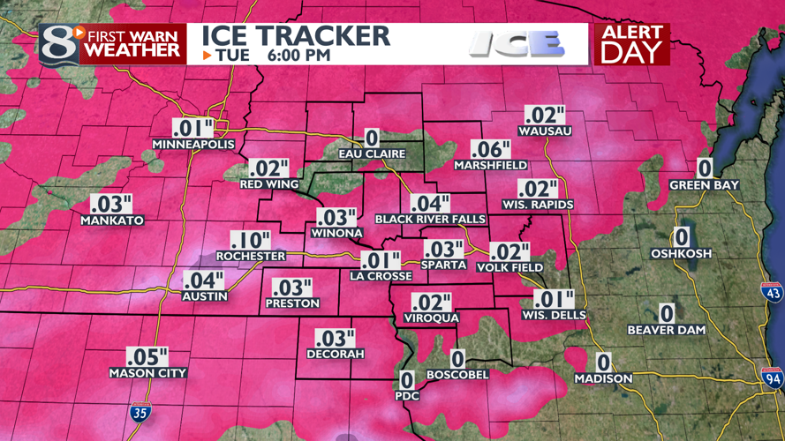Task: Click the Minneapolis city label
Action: click(x=193, y=144)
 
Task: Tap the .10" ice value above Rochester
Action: click(x=251, y=240)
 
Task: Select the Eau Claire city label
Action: click(x=372, y=153)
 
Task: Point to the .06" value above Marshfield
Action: click(x=491, y=149)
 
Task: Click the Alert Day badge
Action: click(x=631, y=44)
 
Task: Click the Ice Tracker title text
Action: click(x=296, y=35)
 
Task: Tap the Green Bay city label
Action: click(x=705, y=185)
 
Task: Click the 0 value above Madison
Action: click(x=603, y=362)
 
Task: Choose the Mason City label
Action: click(x=147, y=373)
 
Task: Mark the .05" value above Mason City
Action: click(x=147, y=356)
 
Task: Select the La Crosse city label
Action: click(x=381, y=275)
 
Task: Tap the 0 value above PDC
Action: click(x=406, y=379)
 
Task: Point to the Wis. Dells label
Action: click(x=555, y=315)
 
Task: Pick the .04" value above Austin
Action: click(x=204, y=280)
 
